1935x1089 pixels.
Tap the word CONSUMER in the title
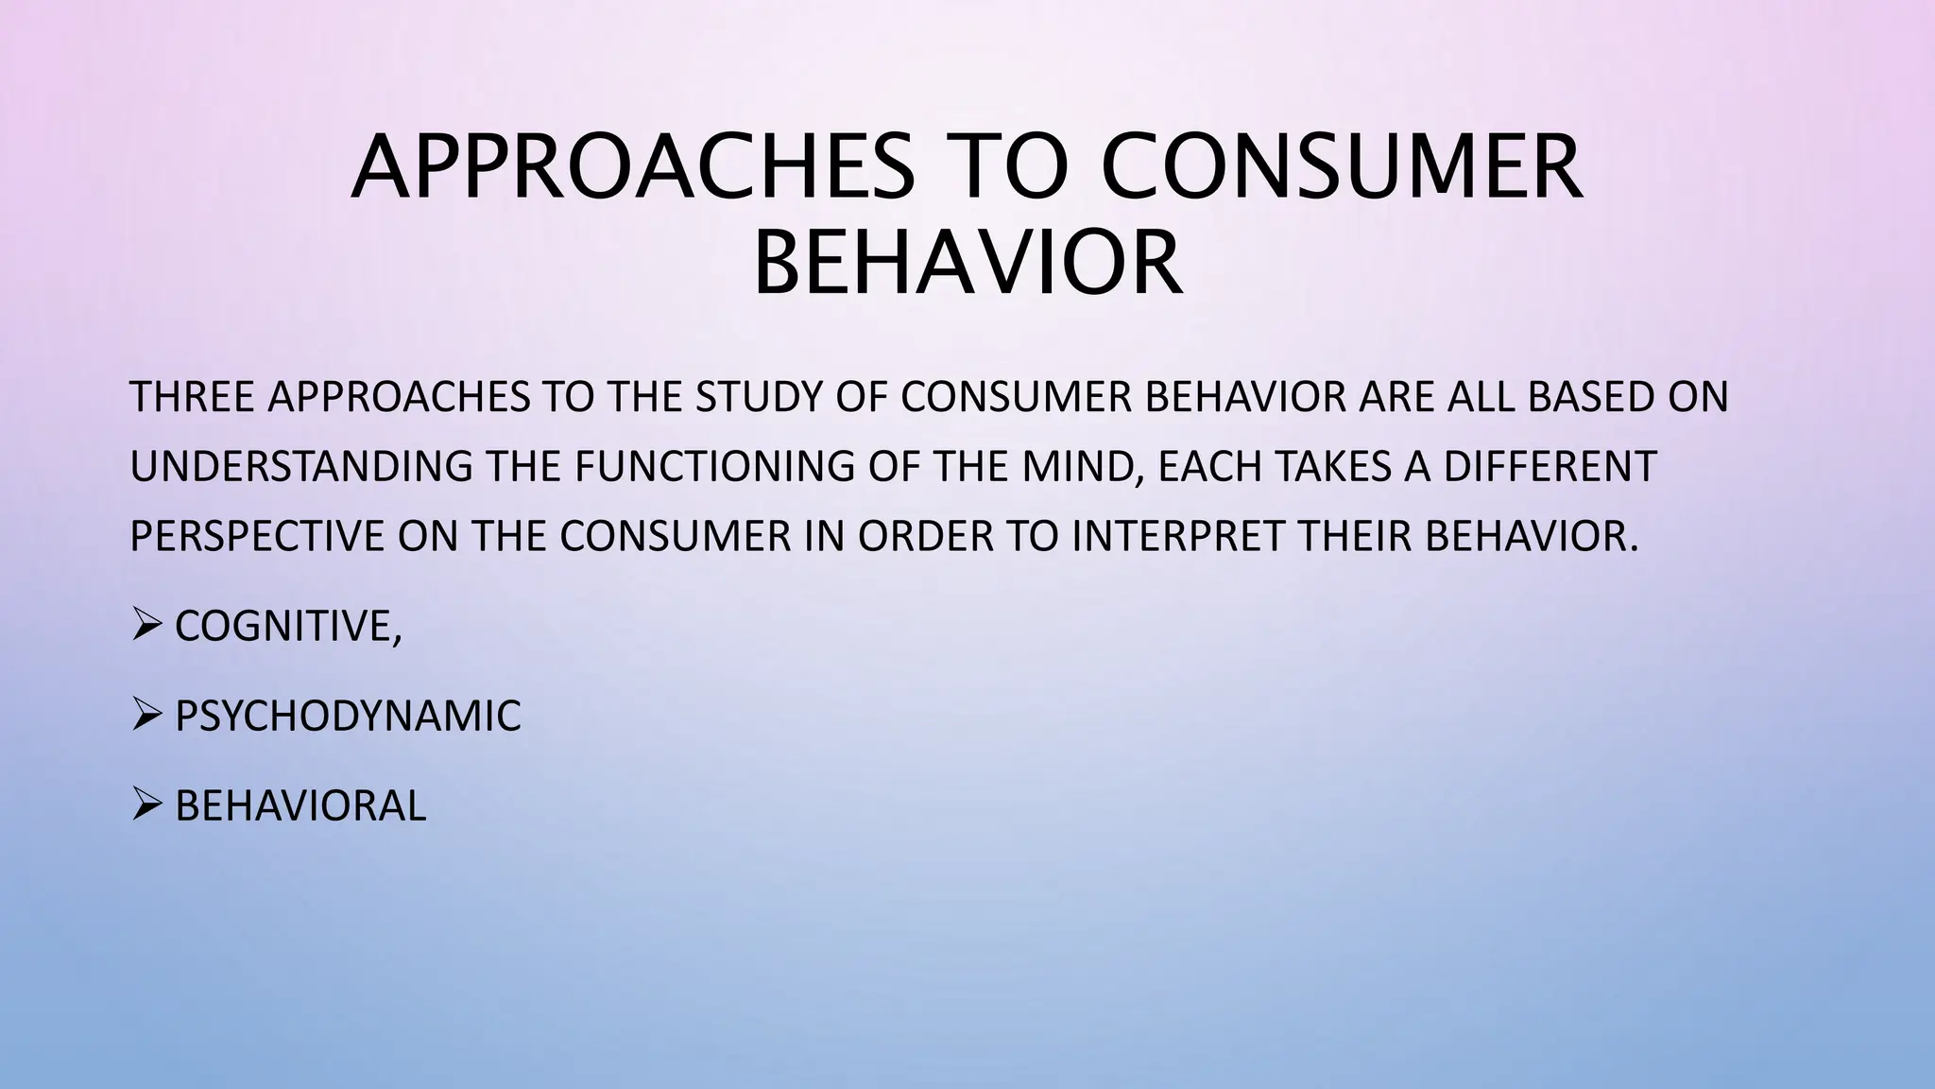coord(1342,168)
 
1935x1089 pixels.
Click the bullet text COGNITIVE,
coord(288,626)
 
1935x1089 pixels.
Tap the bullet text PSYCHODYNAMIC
coord(348,716)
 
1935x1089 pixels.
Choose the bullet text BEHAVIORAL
coord(300,806)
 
